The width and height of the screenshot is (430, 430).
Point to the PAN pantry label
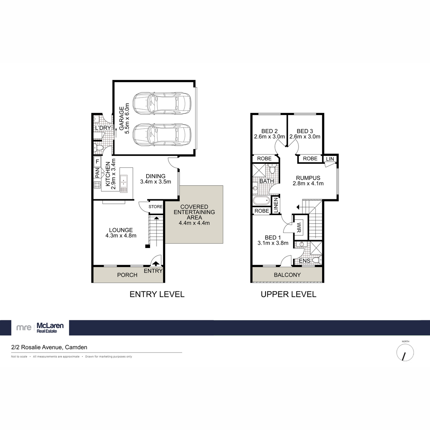tap(97, 173)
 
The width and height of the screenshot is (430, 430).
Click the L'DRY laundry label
tap(102, 128)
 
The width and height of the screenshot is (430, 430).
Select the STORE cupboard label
tap(156, 207)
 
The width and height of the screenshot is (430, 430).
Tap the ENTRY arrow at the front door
tap(156, 264)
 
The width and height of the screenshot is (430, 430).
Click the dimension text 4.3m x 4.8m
tap(121, 235)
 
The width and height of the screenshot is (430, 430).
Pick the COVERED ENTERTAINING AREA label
tap(194, 212)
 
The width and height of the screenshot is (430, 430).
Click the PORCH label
tap(127, 275)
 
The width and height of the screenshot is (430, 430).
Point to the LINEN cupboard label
tap(276, 206)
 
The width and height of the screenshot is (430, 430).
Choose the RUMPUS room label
tap(308, 178)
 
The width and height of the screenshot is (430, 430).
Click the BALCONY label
tap(287, 275)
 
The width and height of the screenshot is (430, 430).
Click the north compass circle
tap(405, 353)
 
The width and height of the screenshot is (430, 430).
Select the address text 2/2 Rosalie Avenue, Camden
tap(49, 347)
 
